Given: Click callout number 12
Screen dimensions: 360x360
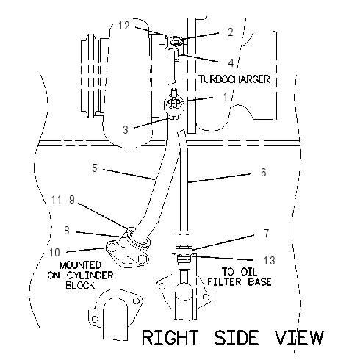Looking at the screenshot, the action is (124, 26).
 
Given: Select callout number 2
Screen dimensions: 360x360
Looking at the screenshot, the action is (231, 32).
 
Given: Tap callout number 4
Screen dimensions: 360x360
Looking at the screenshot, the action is (231, 62).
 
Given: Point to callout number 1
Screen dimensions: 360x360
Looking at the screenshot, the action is (226, 97).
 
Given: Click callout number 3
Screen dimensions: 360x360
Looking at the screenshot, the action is (126, 129).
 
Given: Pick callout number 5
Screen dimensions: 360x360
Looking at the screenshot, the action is (95, 168).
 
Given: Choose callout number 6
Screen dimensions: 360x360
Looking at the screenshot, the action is (264, 172).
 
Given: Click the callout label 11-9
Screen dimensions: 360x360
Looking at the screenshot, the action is (63, 200).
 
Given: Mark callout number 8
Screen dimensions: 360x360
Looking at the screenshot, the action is (67, 231).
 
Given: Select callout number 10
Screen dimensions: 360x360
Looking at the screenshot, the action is (54, 253).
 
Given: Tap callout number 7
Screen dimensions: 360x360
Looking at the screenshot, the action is (267, 233).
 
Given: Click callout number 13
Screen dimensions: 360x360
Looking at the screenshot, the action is (270, 261).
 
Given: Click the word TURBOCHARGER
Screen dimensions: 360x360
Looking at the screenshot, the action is (234, 79).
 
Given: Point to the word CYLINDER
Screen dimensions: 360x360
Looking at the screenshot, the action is (90, 276).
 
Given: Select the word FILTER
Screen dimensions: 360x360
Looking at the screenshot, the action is (224, 282).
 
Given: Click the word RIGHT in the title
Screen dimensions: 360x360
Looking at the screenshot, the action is (170, 337).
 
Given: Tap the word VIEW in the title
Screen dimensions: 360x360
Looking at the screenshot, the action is (299, 337).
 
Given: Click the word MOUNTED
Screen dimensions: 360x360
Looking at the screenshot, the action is (80, 265).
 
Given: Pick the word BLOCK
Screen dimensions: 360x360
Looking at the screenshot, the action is (80, 286).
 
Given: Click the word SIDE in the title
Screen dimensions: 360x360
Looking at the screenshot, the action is (237, 337).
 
